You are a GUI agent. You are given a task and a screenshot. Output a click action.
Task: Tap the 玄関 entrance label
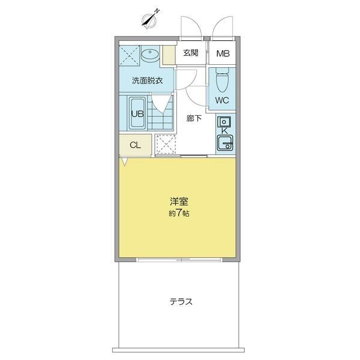pos(191,53)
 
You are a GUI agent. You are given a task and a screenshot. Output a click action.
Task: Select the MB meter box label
pos(223,53)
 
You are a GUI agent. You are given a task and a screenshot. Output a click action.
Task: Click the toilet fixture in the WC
pos(223,79)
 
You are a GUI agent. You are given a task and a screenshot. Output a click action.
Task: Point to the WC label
pos(222,100)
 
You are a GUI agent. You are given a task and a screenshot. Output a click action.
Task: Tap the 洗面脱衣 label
pos(147,80)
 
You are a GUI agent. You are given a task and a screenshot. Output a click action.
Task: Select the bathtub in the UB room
pos(137,113)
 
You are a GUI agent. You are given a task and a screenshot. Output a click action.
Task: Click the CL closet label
pos(135,145)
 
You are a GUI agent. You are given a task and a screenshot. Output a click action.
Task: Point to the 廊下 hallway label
pos(194,118)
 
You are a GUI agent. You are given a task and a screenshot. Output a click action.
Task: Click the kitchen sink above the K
pos(224,122)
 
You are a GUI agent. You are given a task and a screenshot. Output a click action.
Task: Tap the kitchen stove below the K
pos(225,143)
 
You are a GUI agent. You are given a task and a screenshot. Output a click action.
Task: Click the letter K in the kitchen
pos(224,131)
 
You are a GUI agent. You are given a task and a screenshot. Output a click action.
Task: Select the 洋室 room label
pos(179,202)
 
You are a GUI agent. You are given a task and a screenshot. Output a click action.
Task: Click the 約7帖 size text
pos(179,214)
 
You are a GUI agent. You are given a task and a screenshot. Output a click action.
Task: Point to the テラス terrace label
pos(181,301)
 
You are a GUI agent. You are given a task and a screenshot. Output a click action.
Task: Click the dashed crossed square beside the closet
pos(166,145)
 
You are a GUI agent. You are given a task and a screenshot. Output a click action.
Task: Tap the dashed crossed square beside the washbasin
pos(129,55)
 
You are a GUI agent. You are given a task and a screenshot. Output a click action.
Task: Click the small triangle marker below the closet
pos(124,161)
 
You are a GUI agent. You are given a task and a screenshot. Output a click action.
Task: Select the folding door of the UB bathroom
pos(161,104)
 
